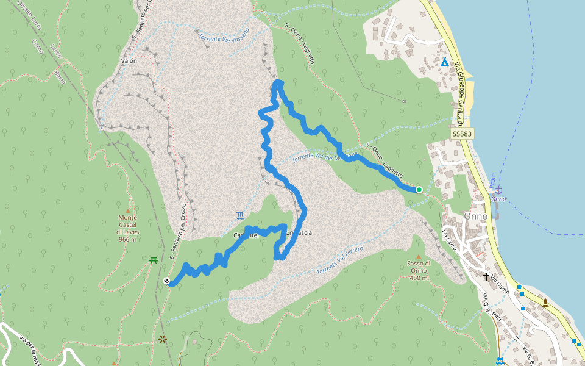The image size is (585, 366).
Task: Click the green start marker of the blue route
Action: pos(419,190)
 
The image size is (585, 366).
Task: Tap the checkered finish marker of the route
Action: pos(167,281)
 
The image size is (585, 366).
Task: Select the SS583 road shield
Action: pos(463,134)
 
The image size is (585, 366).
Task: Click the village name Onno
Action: pos(475,216)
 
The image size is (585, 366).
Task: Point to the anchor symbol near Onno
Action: pos(498,190)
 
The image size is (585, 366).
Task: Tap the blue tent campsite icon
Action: pos(445,62)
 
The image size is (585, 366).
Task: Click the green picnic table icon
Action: pos(154,260)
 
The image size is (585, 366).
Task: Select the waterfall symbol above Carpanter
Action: pos(242,215)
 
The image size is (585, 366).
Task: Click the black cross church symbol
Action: pos(486,277)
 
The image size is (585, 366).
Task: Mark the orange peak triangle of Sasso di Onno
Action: pos(418,256)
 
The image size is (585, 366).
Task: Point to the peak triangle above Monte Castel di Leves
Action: pos(128,210)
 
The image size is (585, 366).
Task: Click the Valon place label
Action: pos(129,61)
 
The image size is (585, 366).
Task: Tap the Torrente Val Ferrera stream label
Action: pos(340,260)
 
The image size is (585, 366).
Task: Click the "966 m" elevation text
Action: pos(128,240)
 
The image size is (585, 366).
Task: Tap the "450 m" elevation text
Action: pos(418,278)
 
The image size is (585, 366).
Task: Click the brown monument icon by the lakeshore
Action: pos(545,302)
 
